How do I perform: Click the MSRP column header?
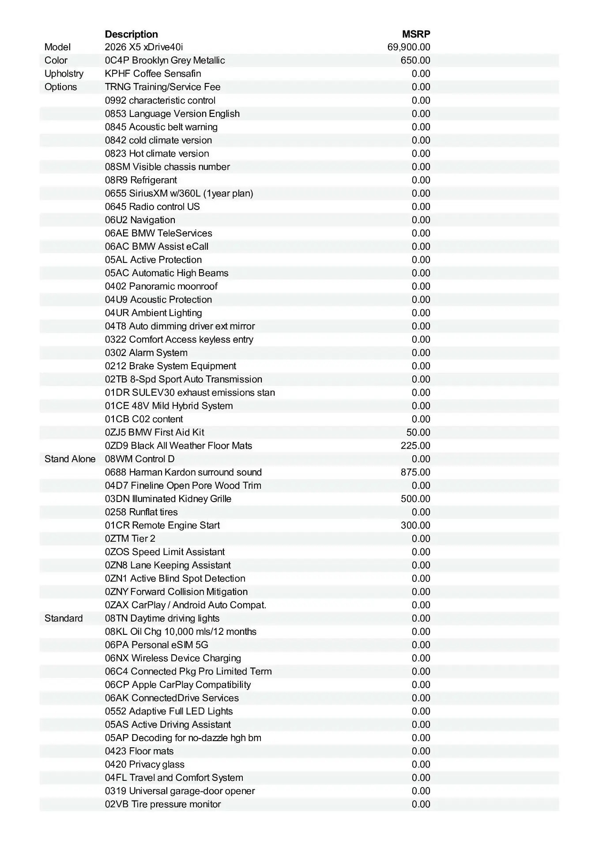416,34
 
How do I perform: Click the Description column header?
131,34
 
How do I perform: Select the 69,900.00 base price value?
409,47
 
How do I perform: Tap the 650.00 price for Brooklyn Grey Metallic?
415,60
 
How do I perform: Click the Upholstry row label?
64,74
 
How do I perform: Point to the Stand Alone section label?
70,459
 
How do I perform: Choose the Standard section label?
64,618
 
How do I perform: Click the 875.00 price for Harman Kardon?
415,472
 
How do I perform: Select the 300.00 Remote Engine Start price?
415,525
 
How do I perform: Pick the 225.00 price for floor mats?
415,446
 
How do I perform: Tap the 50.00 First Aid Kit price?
418,432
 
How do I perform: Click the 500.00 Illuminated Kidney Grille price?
415,498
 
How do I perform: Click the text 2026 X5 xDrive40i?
144,47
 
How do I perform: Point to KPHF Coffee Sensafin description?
153,74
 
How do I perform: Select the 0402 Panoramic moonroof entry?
161,286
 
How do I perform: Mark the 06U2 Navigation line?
140,220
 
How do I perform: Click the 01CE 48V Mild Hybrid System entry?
169,406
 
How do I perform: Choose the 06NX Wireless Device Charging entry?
173,658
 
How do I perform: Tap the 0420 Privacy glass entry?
145,764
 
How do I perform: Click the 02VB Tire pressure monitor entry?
163,804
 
